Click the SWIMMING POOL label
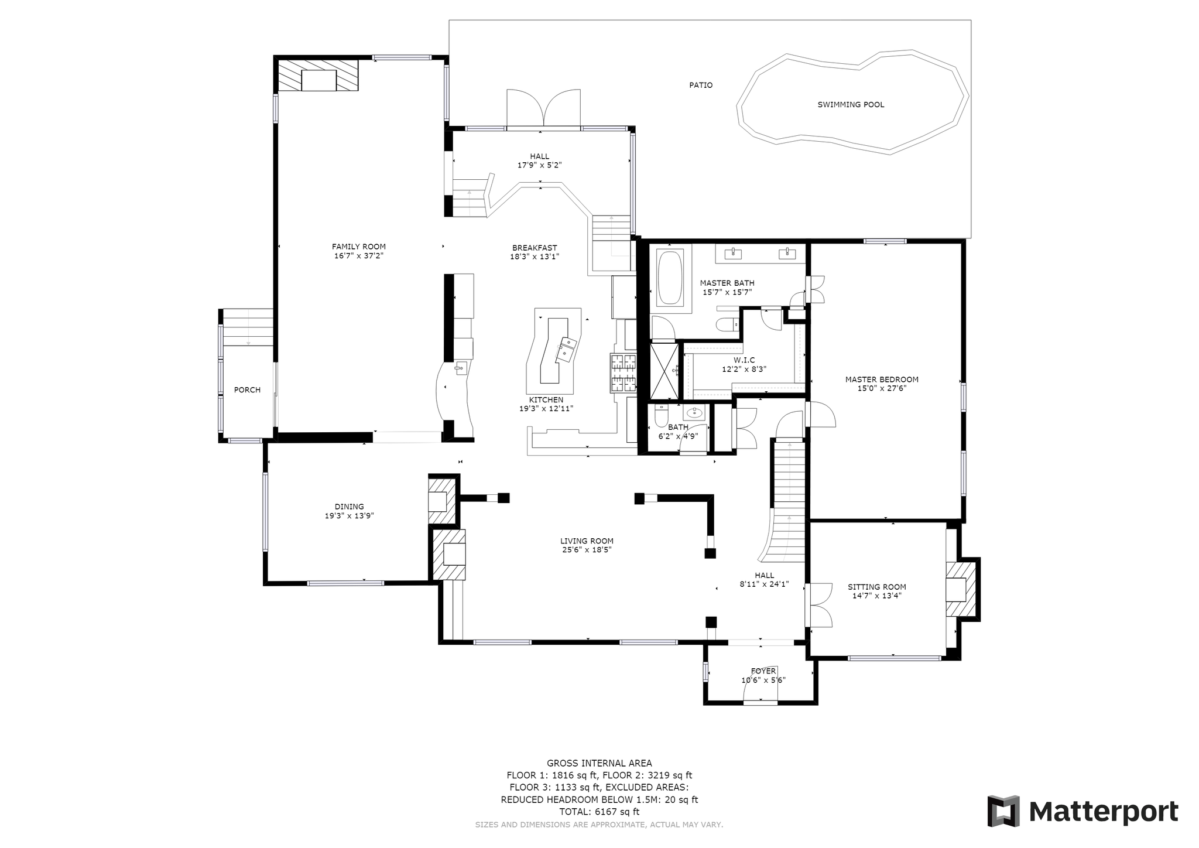(x=851, y=105)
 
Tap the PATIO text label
(x=701, y=86)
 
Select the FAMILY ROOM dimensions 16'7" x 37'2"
(x=359, y=256)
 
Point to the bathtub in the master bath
(x=671, y=277)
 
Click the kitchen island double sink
(x=566, y=348)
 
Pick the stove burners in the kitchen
(x=624, y=373)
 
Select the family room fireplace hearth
(x=318, y=74)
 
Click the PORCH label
(x=247, y=390)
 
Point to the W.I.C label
(x=744, y=360)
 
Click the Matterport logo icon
(x=1003, y=812)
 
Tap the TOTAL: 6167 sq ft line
(x=599, y=812)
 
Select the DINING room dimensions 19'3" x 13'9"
(x=350, y=516)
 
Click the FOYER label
(x=763, y=671)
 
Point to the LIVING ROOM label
(x=587, y=541)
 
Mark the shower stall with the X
(x=664, y=371)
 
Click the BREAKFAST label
(x=535, y=248)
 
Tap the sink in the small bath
(x=696, y=412)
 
